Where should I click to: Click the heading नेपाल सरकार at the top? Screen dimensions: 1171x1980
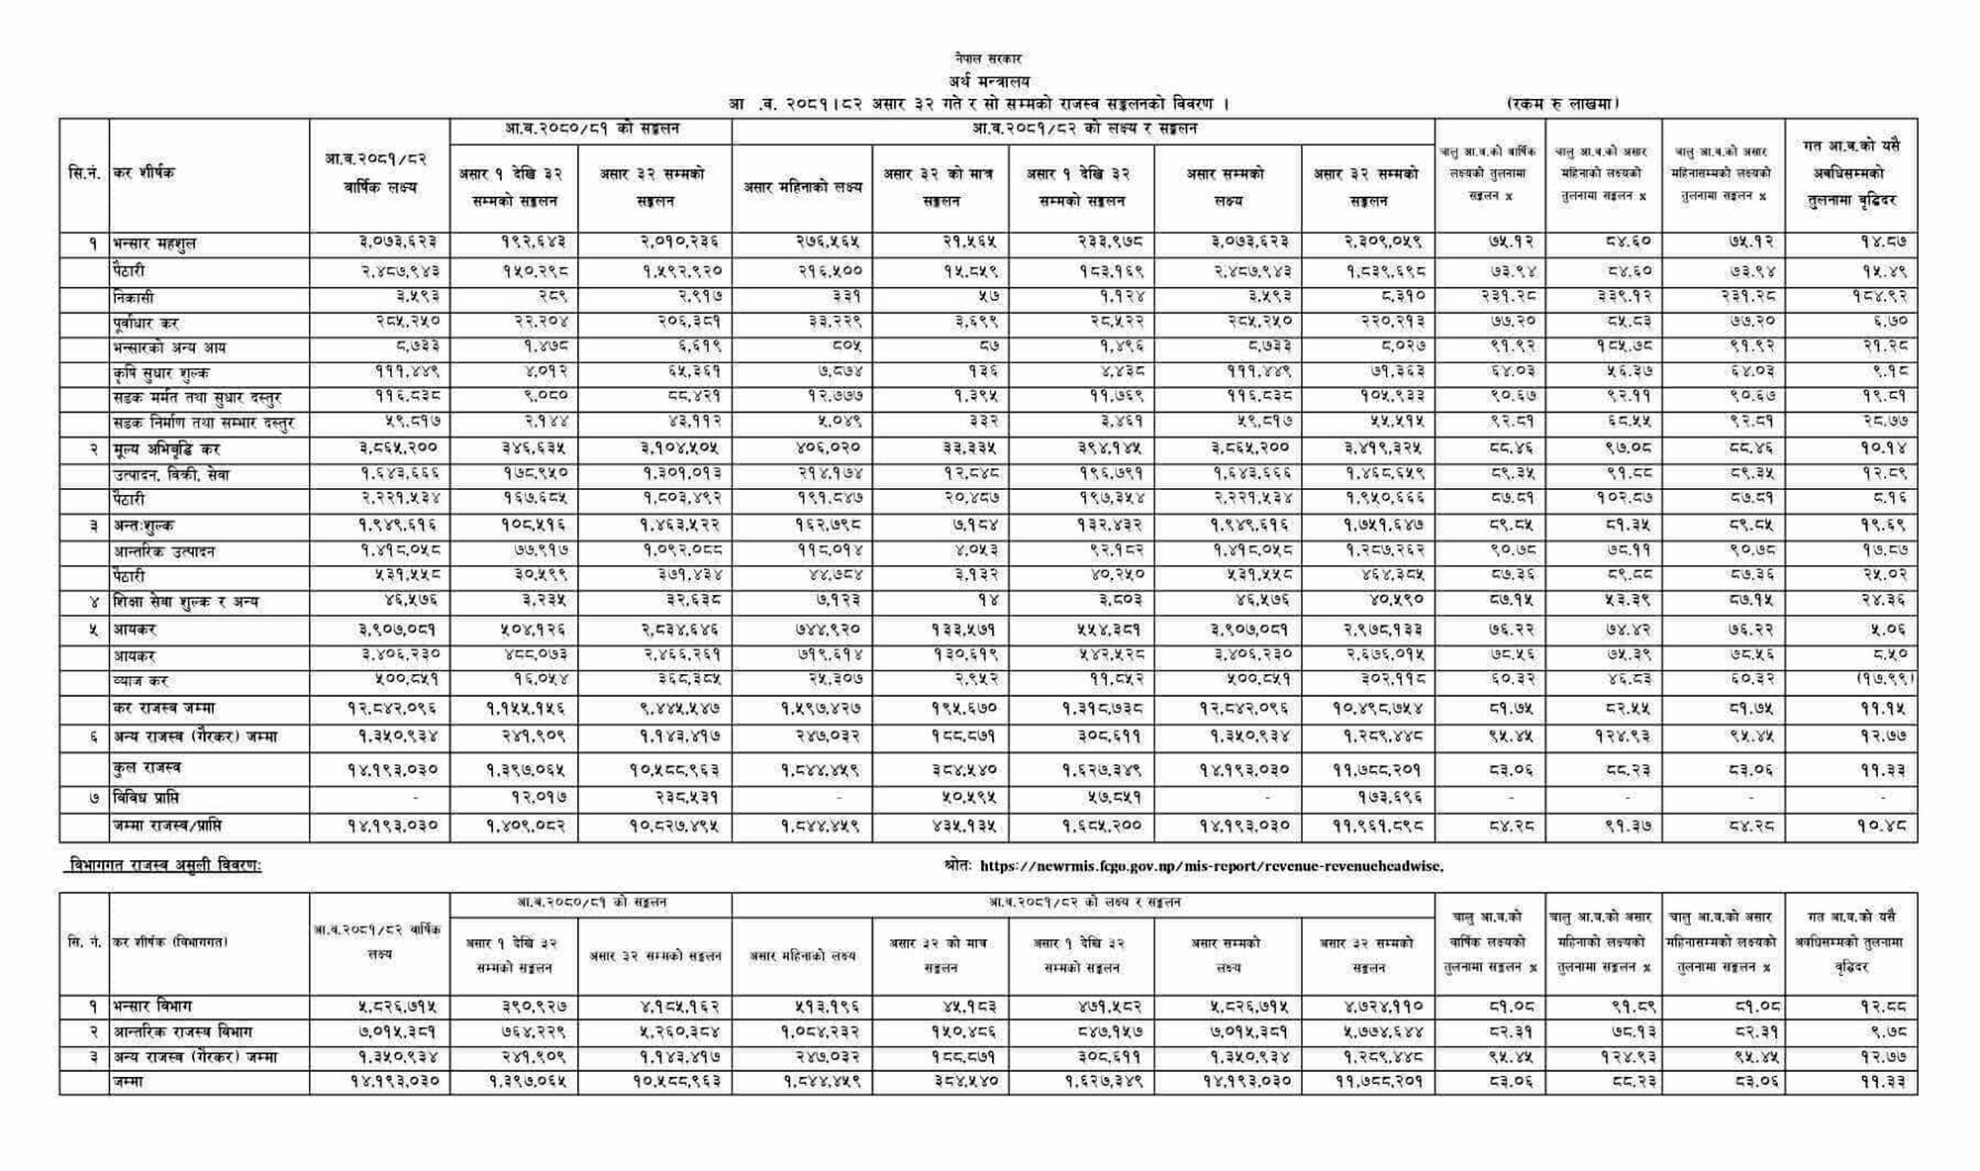[988, 59]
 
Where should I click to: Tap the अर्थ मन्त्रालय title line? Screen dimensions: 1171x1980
[988, 81]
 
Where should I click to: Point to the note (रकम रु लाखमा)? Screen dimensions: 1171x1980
[1561, 103]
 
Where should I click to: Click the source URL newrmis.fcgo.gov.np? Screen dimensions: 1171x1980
[1211, 866]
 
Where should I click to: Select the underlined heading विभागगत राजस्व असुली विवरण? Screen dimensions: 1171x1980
[163, 866]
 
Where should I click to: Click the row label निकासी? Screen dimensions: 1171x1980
[134, 298]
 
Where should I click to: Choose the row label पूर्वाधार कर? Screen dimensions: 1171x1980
[146, 323]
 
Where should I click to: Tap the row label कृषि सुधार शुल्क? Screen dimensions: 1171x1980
[160, 373]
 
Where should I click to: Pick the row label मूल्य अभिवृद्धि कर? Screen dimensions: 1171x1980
[166, 449]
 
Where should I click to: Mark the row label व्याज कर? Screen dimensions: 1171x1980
[141, 681]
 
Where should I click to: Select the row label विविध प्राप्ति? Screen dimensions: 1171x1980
[147, 798]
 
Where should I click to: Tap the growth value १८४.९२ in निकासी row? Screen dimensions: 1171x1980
[1880, 296]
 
